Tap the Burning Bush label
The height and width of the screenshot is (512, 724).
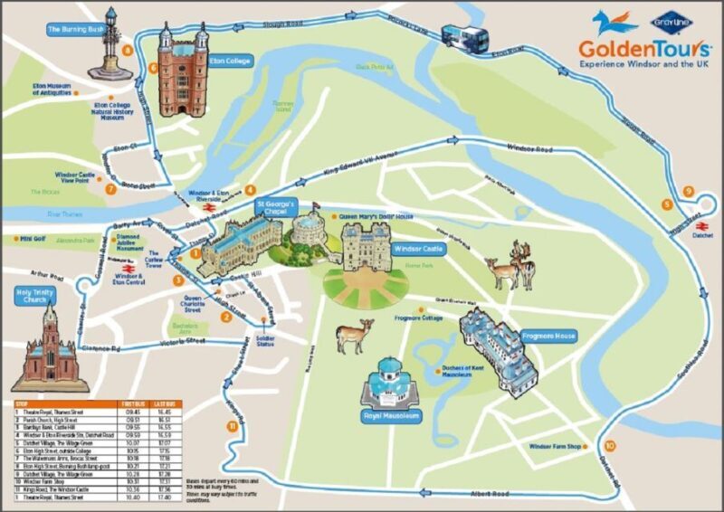coord(77,30)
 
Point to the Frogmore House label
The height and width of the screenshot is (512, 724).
coord(552,337)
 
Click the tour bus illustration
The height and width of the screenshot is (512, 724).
coord(469,35)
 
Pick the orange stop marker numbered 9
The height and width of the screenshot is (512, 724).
coord(689,192)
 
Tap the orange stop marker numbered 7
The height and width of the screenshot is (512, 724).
coord(110,189)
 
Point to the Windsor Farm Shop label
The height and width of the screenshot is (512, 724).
coord(555,446)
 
